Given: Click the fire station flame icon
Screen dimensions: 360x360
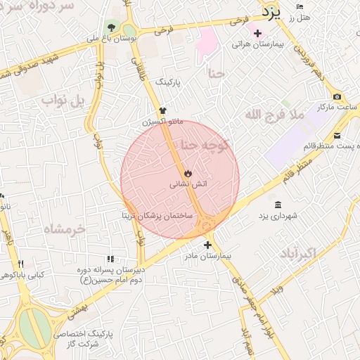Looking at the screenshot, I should (x=188, y=173).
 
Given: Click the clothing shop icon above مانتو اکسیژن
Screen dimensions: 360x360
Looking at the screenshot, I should (x=163, y=110).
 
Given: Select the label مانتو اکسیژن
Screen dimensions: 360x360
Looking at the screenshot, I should (x=162, y=121).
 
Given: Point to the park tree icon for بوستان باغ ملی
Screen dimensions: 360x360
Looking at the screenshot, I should (x=111, y=27).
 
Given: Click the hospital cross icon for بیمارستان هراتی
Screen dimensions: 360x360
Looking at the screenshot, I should (x=257, y=33).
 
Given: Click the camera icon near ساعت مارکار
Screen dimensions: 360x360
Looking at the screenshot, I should (x=337, y=96).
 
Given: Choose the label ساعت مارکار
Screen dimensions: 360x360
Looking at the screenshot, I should (x=338, y=106).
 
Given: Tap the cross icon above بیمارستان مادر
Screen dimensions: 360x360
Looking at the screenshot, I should (x=207, y=245).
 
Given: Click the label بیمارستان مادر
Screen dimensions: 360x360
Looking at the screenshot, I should (x=207, y=257).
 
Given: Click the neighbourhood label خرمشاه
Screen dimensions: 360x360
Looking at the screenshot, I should (x=63, y=229).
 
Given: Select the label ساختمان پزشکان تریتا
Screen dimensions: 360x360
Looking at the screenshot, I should (x=157, y=215).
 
